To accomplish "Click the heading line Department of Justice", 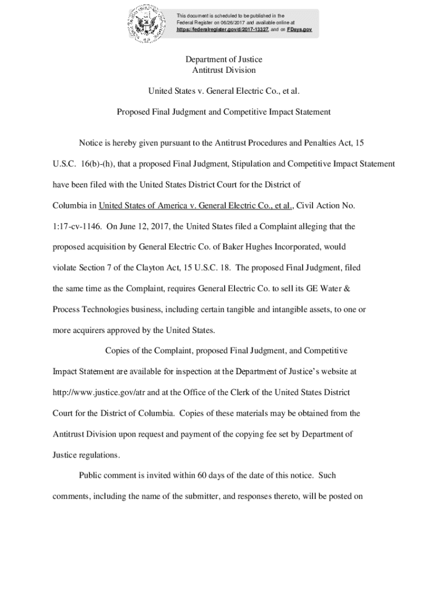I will (224, 59).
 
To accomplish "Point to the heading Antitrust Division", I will (224, 70).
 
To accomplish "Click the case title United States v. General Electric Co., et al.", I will (224, 91).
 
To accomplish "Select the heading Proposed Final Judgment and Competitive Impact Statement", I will (224, 111).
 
